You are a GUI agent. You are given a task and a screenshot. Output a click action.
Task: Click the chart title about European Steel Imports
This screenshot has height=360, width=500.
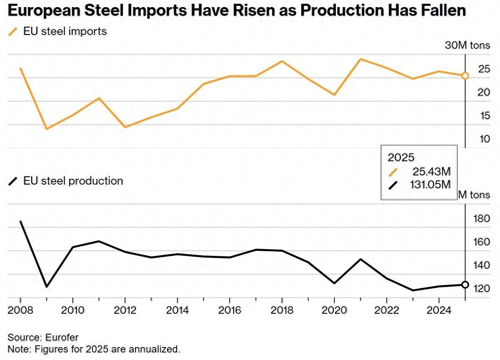coord(237,10)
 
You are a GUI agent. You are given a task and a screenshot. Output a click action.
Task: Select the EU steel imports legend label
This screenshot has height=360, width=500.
coord(65,31)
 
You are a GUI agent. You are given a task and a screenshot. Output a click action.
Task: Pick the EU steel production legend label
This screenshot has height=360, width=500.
coord(73,181)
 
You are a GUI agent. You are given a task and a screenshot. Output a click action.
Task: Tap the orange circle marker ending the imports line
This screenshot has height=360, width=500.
coord(465,75)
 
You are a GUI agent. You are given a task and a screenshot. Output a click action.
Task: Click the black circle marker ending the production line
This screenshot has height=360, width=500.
coord(465,285)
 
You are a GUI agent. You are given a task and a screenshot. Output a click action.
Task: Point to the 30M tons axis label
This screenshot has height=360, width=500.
coord(467,45)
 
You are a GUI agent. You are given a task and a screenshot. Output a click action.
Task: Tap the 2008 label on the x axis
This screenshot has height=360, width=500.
coord(20,310)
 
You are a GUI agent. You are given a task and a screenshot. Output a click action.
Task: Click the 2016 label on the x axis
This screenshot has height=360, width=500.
coord(230,310)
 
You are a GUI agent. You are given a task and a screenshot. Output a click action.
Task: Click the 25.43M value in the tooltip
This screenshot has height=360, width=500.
coord(432,171)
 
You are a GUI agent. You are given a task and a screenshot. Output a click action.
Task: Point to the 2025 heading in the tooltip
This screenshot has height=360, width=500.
coord(401,157)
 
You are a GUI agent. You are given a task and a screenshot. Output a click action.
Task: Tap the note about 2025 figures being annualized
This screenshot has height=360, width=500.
coord(94,348)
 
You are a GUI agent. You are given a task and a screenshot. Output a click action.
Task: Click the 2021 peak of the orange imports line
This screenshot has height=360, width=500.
coord(360,59)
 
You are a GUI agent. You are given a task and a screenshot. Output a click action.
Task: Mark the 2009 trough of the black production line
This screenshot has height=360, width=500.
coord(47,287)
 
